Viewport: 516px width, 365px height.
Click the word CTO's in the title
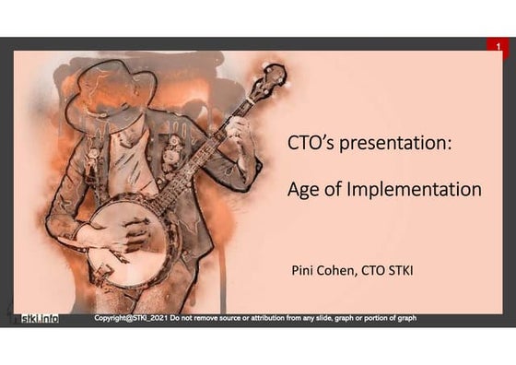coord(309,146)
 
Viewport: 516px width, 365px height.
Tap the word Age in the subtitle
coord(304,190)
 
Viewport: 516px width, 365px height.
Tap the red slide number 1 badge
coord(498,46)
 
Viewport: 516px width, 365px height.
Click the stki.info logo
coord(39,319)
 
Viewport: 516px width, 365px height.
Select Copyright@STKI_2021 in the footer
coord(132,318)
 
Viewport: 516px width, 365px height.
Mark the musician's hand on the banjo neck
coord(237,129)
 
